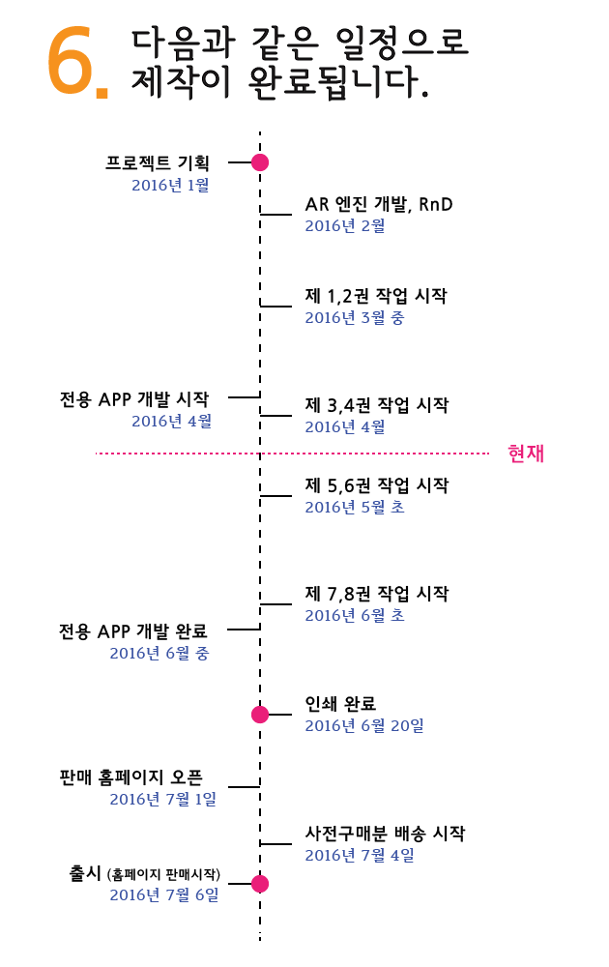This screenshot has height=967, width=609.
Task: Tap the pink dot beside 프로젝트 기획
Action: pos(259,162)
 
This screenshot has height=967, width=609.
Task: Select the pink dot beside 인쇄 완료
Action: pos(259,715)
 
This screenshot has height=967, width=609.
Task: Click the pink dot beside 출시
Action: pos(259,884)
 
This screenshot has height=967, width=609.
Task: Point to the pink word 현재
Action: pos(526,453)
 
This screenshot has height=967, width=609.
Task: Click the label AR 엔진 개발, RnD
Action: pos(379,204)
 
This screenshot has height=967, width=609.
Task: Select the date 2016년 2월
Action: pos(345,226)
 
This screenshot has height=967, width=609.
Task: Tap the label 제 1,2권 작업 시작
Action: pos(376,296)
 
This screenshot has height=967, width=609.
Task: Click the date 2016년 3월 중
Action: pos(355,318)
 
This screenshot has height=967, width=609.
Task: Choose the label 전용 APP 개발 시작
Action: pos(133,397)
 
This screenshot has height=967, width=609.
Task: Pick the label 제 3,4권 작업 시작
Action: pos(376,404)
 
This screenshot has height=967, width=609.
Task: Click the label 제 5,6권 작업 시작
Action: pos(376,484)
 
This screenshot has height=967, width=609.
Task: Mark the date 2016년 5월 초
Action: pos(355,507)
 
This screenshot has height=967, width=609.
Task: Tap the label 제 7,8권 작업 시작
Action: pos(376,593)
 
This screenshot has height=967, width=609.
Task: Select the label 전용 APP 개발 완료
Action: pos(133,631)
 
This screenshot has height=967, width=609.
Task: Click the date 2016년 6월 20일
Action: pos(364,725)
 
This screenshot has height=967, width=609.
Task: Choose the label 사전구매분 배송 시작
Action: pos(385,833)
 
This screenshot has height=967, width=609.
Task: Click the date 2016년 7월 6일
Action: pos(164,895)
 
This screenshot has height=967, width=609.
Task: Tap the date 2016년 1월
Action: pos(170,185)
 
